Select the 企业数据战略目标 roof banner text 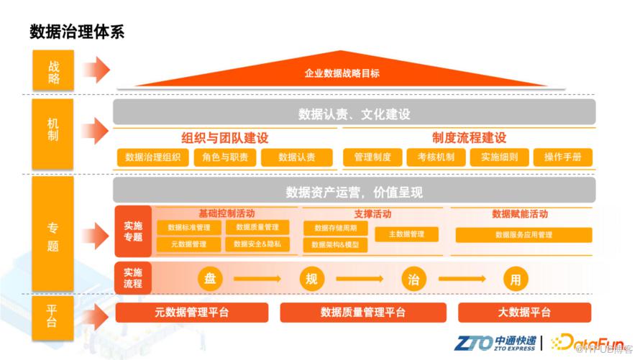point(342,73)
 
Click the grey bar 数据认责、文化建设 point(354,114)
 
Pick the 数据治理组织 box point(152,158)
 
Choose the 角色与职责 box point(225,158)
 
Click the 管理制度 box point(372,158)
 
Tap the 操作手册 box point(563,158)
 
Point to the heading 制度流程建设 point(469,138)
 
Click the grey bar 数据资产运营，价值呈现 point(354,191)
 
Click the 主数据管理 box point(406,234)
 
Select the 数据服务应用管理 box point(524,235)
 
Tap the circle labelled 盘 point(210,280)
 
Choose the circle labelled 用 point(515,280)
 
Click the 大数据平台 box point(524,313)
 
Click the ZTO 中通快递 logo point(496,342)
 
